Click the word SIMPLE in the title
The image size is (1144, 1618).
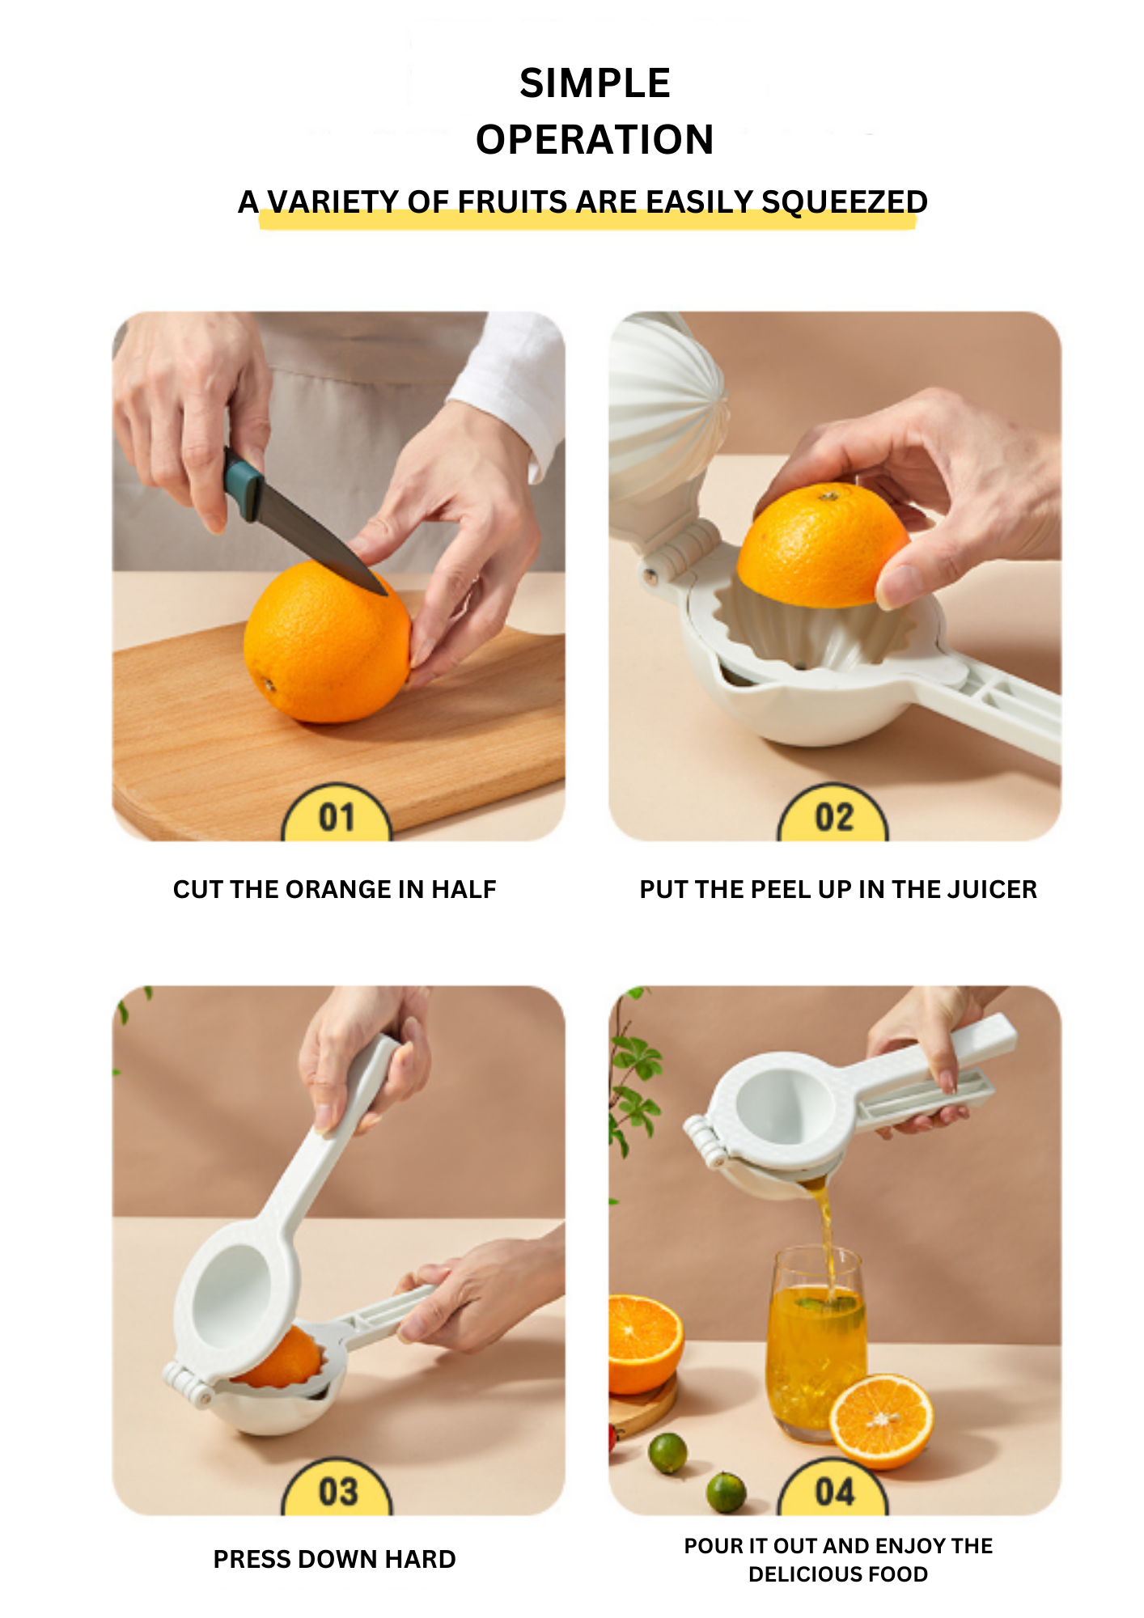pos(595,83)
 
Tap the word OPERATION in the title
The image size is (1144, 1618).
pos(595,139)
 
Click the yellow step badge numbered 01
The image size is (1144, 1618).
pos(337,814)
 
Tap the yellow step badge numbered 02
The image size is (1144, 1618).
pos(833,814)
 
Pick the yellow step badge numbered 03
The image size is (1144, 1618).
pos(337,1489)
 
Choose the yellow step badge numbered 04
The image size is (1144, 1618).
pos(833,1489)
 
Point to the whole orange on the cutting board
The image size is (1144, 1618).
pos(328,642)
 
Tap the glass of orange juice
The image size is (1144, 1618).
pos(816,1343)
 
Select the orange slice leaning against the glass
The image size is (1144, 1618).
pos(881,1421)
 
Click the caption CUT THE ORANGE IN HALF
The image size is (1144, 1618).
pos(334,889)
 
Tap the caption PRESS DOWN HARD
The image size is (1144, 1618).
pos(334,1559)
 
